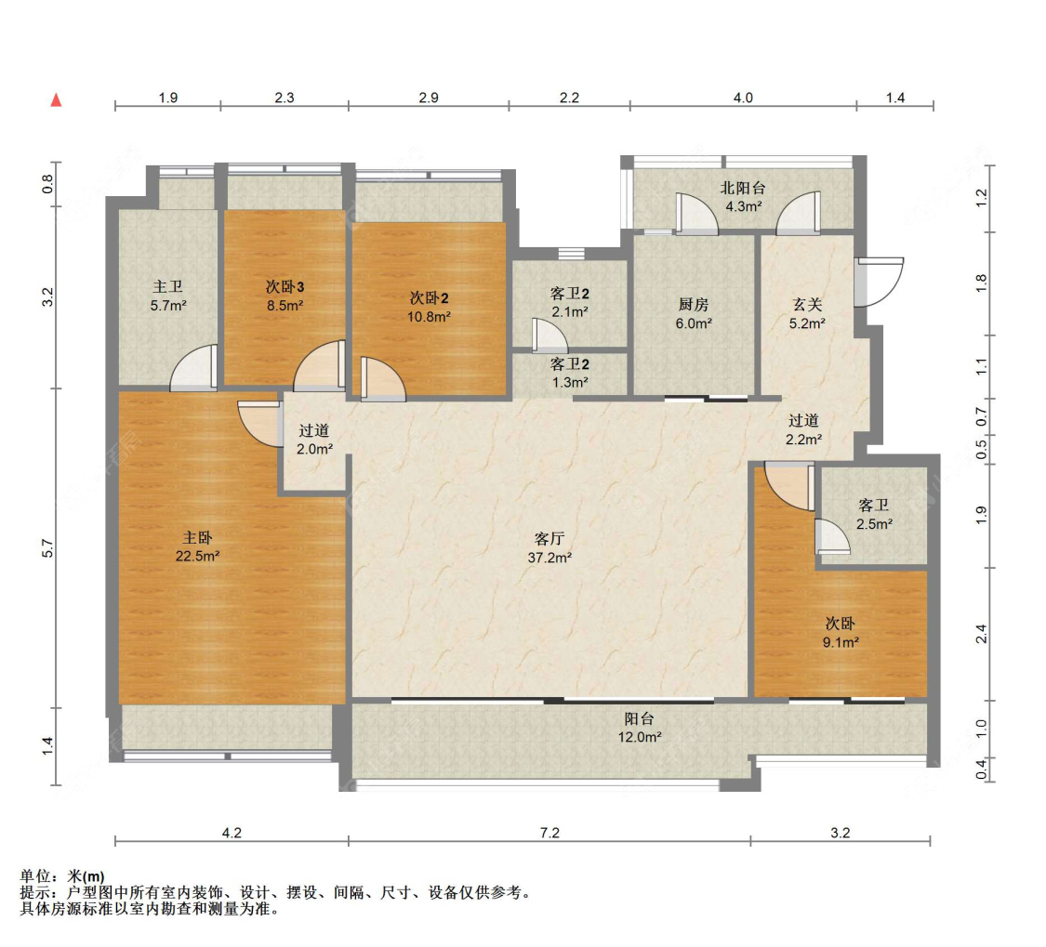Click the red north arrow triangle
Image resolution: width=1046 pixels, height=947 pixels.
pos(57,100)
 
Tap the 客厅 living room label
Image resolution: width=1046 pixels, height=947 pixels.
pos(549,538)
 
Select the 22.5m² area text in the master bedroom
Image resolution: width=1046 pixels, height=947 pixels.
pos(197,556)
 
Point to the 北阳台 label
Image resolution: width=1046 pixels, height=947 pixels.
pos(743,188)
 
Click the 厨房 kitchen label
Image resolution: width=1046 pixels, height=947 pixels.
pos(693,305)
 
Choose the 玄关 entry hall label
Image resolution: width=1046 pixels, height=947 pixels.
pos(806,305)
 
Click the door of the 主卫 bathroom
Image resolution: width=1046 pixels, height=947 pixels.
pos(194,367)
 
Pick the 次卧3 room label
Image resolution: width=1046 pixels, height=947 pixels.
pos(285,287)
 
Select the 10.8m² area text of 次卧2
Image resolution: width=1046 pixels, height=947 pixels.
pos(429,317)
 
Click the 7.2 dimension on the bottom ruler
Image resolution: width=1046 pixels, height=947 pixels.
pos(549,833)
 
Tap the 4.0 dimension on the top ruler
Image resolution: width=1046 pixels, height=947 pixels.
pos(743,98)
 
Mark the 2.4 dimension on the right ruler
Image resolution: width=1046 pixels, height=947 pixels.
pos(981,634)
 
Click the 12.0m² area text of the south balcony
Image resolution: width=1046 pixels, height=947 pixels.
pos(639,737)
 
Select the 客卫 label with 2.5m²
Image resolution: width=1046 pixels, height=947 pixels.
pos(874,506)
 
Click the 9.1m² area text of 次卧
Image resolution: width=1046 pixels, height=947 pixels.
pos(841,642)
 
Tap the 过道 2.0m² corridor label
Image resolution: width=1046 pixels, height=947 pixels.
pos(314,441)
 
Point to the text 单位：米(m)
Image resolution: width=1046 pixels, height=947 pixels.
pos(62,875)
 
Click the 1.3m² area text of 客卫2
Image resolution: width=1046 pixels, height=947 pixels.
pos(570,383)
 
